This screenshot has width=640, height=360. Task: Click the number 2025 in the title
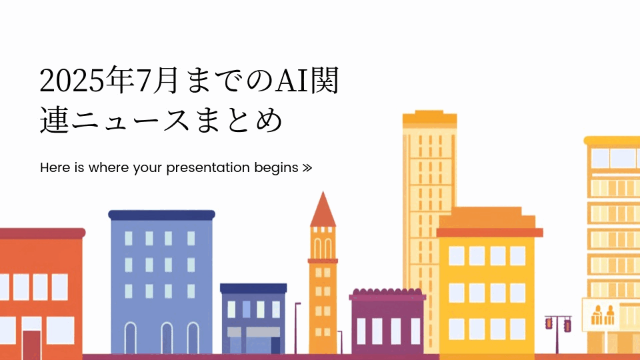72,81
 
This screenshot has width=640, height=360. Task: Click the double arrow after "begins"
307,168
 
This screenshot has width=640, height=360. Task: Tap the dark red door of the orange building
31,345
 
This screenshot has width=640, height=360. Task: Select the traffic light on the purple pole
558,324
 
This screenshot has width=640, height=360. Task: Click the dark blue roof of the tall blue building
161,215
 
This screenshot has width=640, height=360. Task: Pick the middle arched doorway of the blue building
167,338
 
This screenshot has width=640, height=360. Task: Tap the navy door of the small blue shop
275,345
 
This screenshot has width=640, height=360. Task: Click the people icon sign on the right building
603,315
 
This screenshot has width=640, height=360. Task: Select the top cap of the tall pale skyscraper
429,117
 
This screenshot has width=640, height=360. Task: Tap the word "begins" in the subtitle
276,168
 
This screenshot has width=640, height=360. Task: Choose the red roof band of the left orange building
42,233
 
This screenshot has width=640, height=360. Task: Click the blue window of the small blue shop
247,309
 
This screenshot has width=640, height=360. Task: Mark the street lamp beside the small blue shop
297,327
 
